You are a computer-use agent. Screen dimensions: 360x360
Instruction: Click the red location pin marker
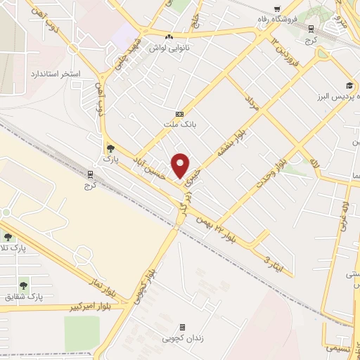(181, 165)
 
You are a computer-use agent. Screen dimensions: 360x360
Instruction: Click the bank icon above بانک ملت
(179, 114)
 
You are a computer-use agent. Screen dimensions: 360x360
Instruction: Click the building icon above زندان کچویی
(182, 327)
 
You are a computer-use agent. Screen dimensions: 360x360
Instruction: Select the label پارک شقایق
(27, 297)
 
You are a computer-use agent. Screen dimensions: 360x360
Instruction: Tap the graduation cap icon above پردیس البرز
(349, 84)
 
